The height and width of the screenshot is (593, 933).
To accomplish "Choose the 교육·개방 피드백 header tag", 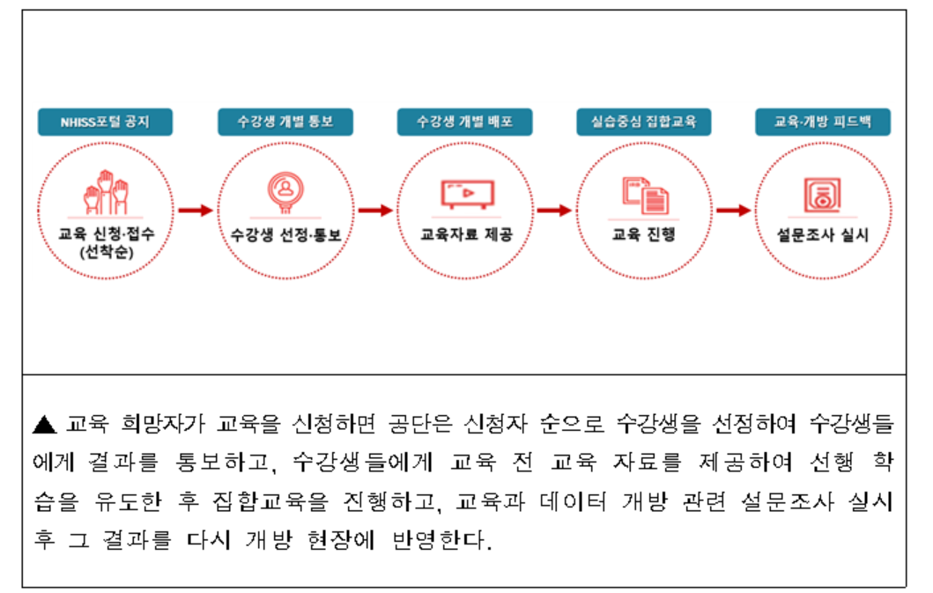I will (823, 122).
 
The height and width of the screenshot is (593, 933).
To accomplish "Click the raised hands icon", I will (105, 196).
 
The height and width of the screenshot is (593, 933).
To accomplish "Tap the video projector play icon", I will (464, 194).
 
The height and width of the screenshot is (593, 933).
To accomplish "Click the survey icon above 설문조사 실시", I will (823, 195).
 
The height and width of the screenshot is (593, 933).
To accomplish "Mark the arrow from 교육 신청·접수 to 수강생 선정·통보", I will (196, 211).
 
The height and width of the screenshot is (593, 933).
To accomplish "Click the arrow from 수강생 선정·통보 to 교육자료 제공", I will (374, 211).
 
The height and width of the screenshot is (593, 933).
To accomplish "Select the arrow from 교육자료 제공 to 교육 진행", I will (554, 211).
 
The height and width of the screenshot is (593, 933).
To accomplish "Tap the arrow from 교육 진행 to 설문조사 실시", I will (733, 211).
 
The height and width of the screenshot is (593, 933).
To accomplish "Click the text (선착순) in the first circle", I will (105, 253).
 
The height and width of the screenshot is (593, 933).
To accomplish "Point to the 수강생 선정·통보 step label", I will (285, 236).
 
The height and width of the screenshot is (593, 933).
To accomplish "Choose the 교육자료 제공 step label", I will (464, 236).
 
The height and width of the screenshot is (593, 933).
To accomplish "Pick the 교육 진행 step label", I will (644, 236).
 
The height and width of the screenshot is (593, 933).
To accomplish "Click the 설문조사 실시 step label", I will (823, 236).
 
